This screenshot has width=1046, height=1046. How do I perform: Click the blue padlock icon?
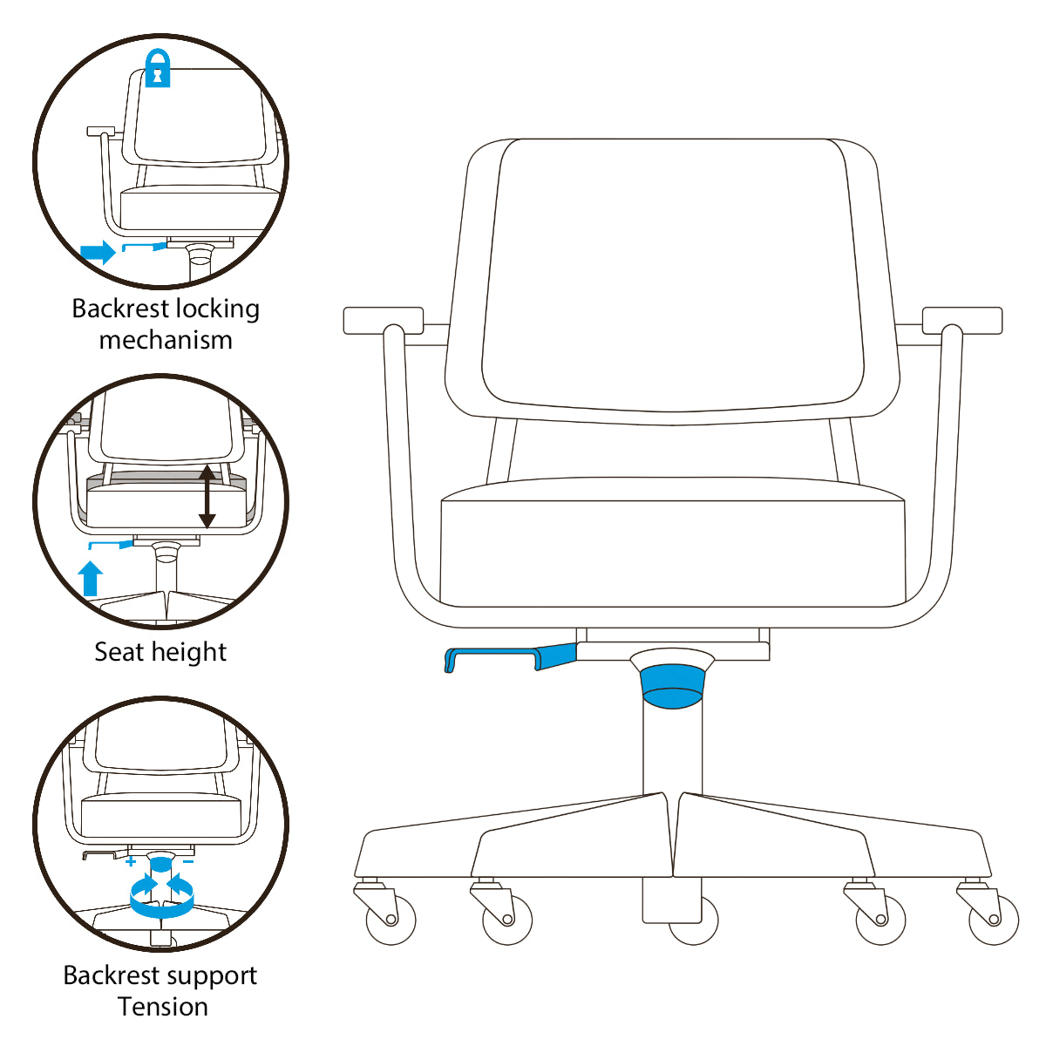coord(157,68)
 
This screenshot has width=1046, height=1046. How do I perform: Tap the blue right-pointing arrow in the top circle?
coord(98,252)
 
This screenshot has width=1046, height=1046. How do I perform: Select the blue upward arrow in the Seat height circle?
coord(91,578)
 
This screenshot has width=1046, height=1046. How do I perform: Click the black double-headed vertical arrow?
coord(207,496)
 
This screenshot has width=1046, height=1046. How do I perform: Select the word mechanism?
coord(166,340)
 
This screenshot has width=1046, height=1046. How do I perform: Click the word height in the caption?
coord(189,652)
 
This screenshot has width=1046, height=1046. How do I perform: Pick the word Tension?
coord(163,1007)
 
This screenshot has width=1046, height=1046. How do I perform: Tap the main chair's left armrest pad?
coord(383,320)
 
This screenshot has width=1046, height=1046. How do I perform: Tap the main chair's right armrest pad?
coord(962,320)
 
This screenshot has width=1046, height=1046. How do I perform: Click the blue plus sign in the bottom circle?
coord(131,861)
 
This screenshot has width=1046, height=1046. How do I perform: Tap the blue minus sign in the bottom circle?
coord(188,861)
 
